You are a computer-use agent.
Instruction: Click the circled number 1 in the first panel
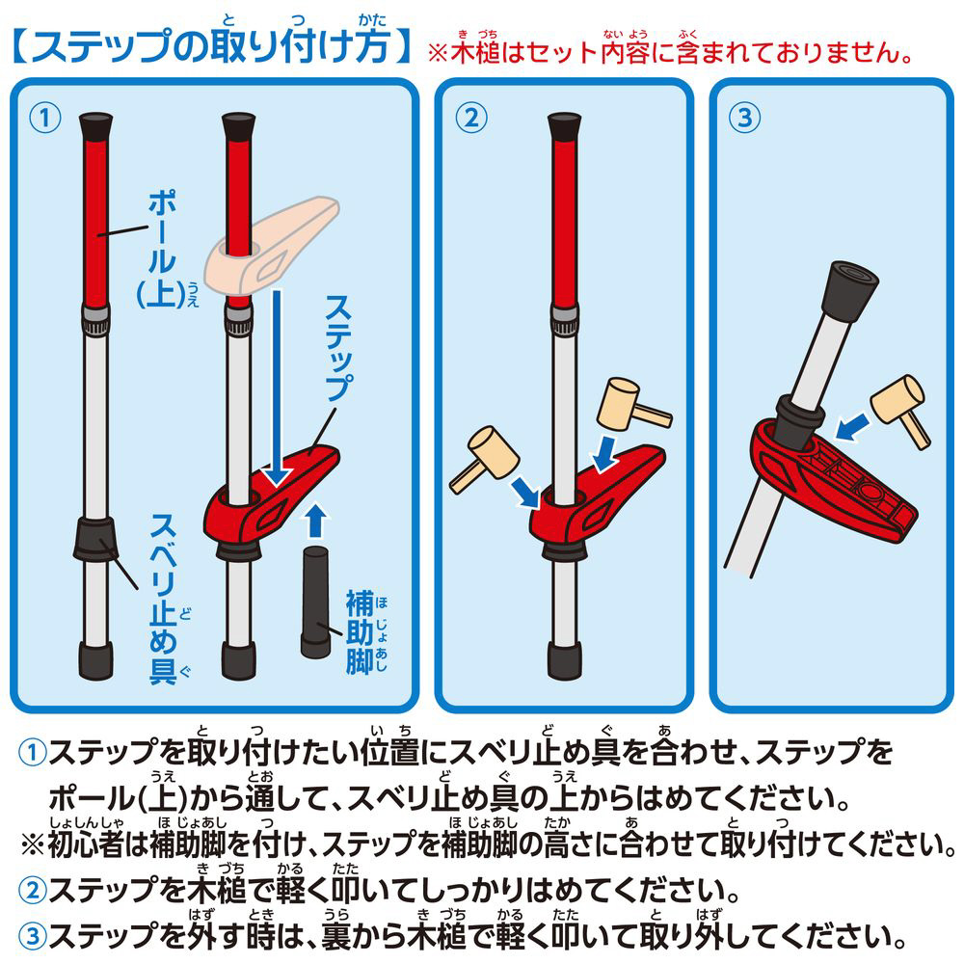tap(45, 118)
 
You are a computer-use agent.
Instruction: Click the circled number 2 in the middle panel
tap(471, 118)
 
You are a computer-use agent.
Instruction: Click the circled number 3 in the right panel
tap(744, 118)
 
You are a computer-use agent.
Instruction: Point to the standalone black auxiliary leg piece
tap(316, 602)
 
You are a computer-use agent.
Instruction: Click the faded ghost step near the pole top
tap(271, 246)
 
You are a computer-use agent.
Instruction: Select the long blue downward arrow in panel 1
tap(278, 388)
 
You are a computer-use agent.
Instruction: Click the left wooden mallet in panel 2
tap(485, 459)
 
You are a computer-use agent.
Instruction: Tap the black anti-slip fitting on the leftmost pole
tap(95, 539)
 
